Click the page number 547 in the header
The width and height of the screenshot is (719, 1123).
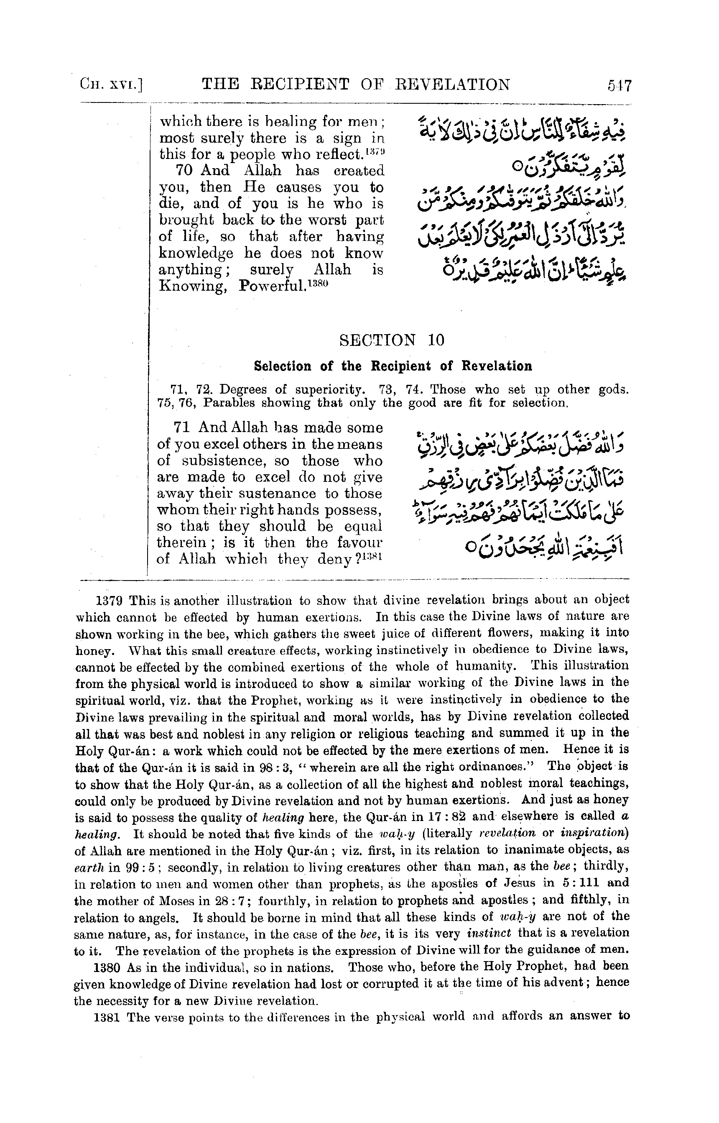coord(619,85)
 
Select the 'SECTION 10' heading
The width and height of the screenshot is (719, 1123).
coord(392,340)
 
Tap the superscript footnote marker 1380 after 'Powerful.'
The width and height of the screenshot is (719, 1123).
coord(319,283)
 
